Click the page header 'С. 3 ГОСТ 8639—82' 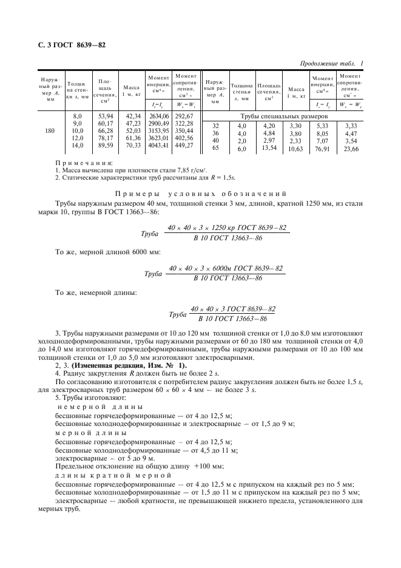click(x=62, y=46)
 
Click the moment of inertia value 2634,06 click(x=158, y=115)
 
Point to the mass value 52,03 click(x=128, y=130)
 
